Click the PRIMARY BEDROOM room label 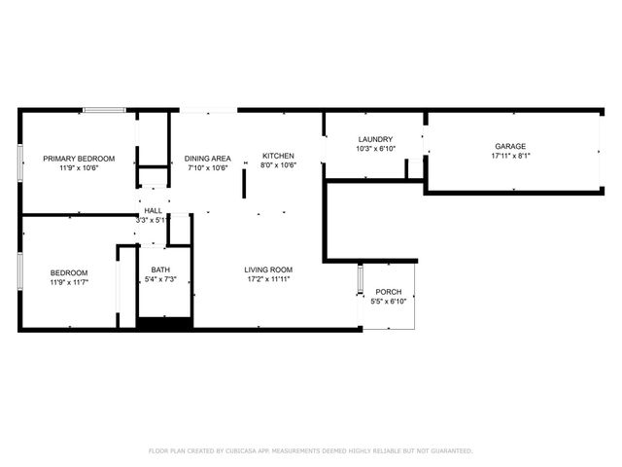tap(79, 159)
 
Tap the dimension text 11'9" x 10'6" tap(79, 167)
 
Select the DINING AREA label tap(208, 159)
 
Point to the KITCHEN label tap(277, 156)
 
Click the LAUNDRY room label tap(374, 140)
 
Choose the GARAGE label tap(510, 146)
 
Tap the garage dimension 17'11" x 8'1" tap(510, 156)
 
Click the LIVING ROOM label tap(268, 269)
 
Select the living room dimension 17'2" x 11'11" tap(268, 279)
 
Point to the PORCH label tap(389, 292)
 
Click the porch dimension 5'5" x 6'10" tap(389, 302)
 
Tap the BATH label tap(160, 270)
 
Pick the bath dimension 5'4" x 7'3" tap(160, 280)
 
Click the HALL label tap(154, 210)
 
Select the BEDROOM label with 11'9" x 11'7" tap(69, 272)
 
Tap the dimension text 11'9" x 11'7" tap(69, 282)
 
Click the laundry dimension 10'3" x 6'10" tap(374, 149)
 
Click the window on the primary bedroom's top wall tap(103, 110)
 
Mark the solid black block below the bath tap(164, 324)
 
